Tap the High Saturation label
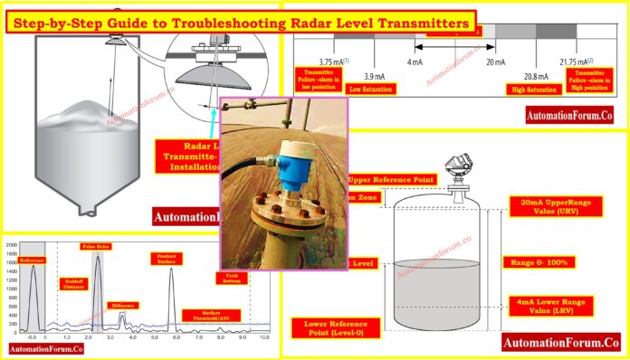point(533,89)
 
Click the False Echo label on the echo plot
point(97,246)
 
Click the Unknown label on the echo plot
point(123,306)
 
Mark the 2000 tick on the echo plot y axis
point(11,245)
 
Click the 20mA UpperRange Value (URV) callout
point(549,207)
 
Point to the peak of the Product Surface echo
point(171,269)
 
